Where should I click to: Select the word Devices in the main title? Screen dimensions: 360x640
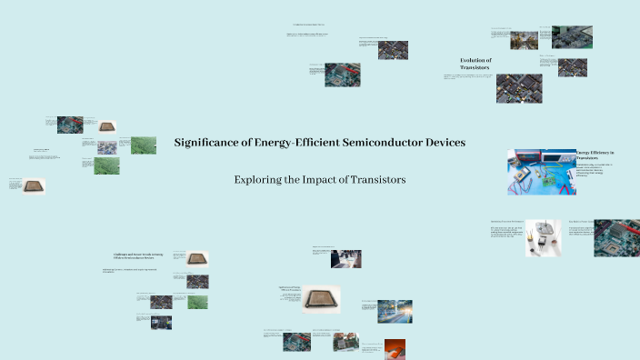point(441,143)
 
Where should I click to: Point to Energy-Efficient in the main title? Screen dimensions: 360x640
point(293,143)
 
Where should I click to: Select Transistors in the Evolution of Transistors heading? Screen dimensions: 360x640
point(475,68)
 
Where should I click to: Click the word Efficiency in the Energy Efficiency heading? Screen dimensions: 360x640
point(600,153)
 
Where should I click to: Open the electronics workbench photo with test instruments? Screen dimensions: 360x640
point(541,172)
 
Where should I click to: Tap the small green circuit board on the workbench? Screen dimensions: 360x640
point(551,179)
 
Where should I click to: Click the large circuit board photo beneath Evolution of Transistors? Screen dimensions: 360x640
point(519,88)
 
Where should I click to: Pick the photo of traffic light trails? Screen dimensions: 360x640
point(375,311)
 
